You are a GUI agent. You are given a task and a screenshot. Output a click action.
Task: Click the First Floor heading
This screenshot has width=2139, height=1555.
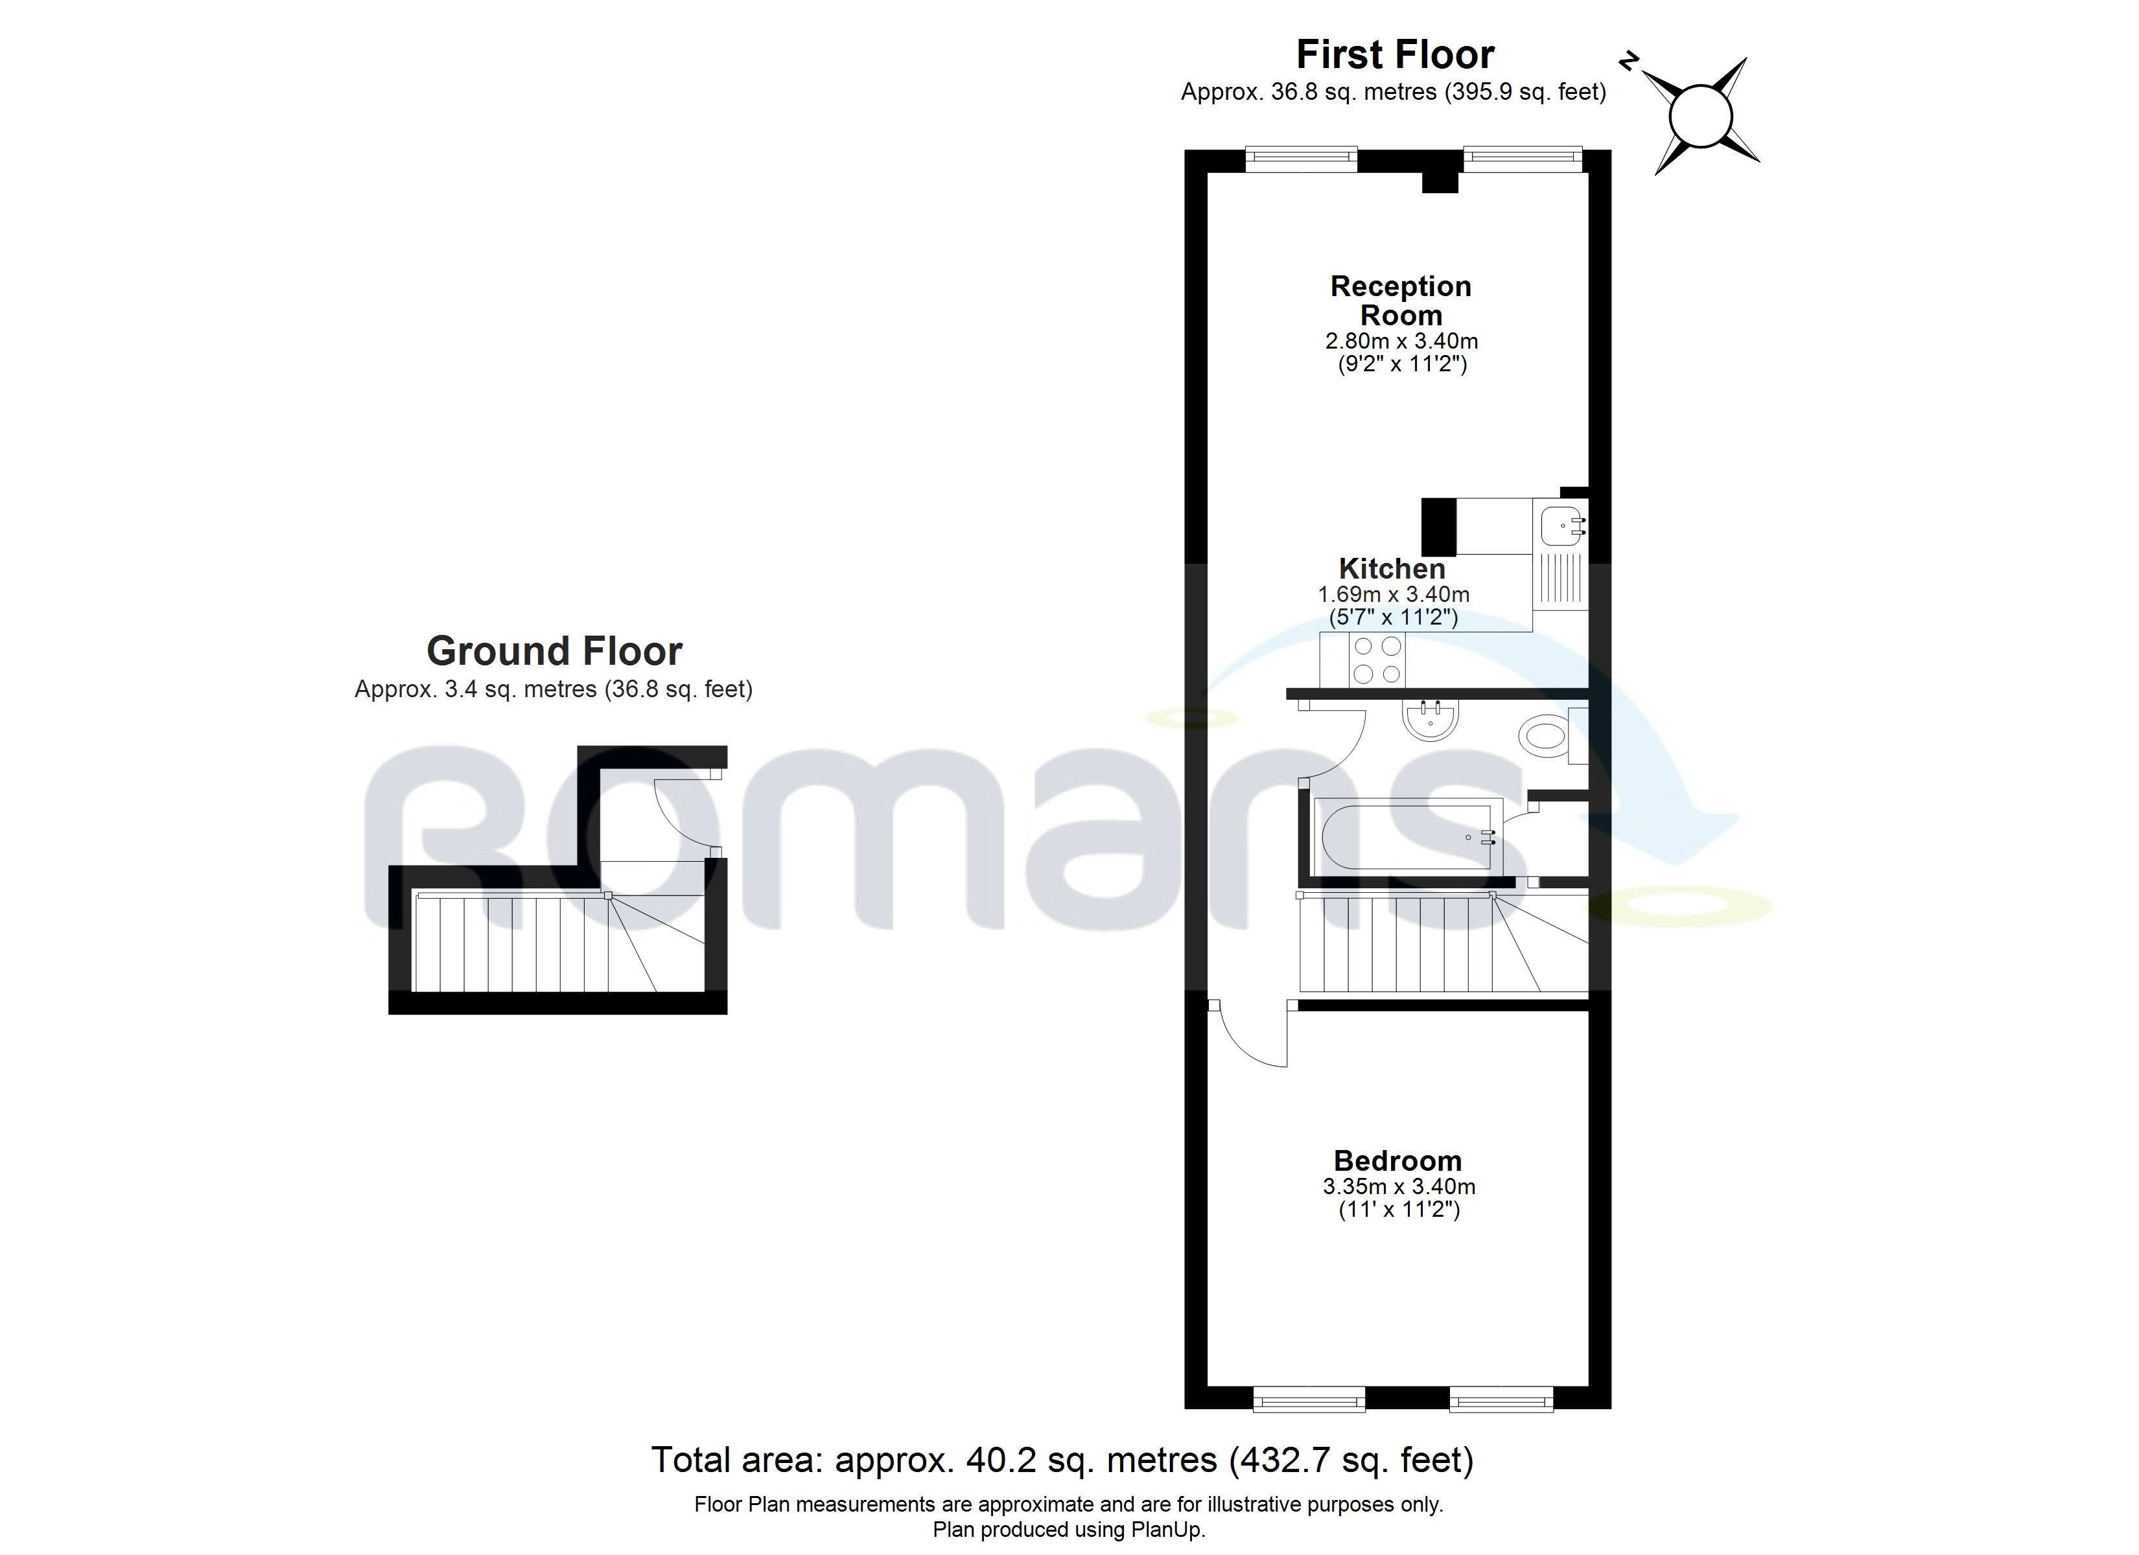click(1395, 54)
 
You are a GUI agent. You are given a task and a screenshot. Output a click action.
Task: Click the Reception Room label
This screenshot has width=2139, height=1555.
click(1401, 300)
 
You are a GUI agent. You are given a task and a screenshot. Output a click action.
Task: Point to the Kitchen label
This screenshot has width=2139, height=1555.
click(1392, 569)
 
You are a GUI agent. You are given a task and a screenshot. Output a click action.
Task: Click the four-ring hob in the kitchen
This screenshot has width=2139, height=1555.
click(1377, 660)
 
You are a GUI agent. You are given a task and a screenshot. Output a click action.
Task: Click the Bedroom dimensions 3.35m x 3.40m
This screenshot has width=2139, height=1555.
click(1399, 1186)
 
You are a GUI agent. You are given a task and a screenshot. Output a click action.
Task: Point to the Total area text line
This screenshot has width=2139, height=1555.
click(1062, 1460)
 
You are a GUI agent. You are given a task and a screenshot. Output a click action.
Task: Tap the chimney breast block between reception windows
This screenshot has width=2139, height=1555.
click(1439, 183)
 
